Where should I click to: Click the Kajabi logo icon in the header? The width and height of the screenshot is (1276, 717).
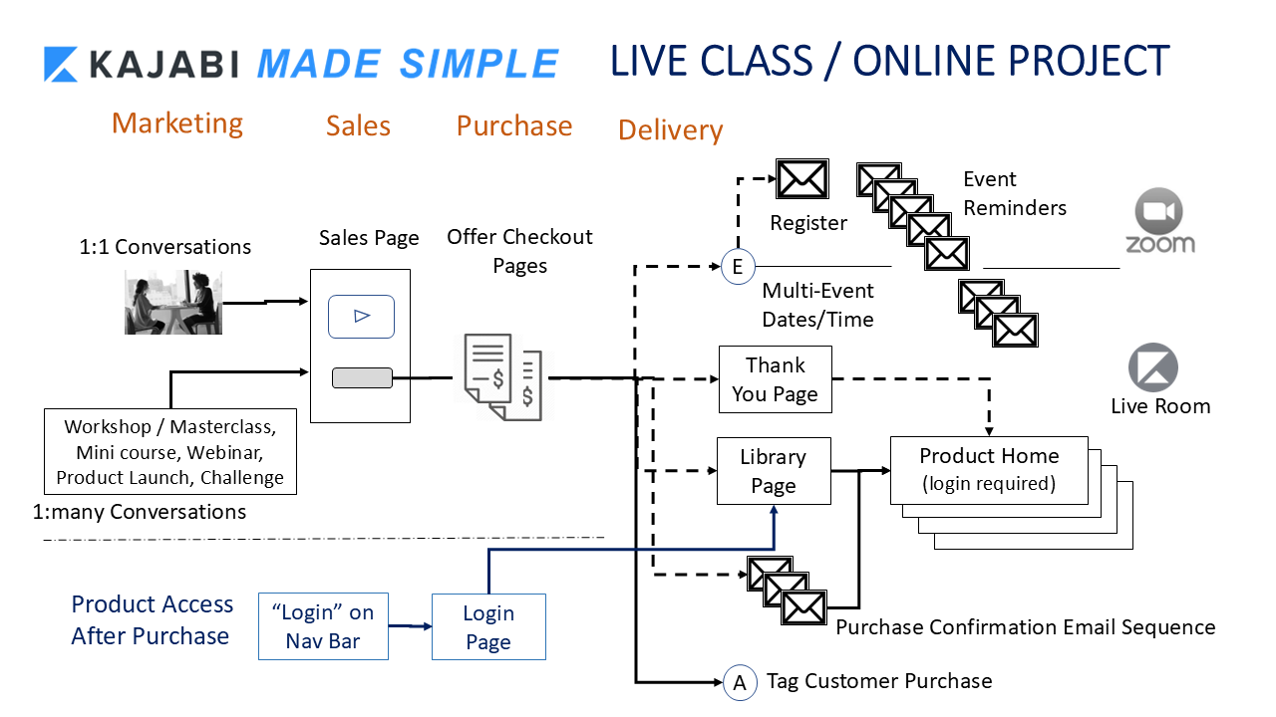coord(62,64)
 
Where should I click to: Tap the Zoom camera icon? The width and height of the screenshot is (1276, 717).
coord(1159,212)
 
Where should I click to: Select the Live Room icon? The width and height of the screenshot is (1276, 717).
coord(1153,368)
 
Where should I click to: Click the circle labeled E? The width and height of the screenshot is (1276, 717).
coord(738,267)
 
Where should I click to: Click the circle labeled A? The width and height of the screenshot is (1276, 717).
coord(740,682)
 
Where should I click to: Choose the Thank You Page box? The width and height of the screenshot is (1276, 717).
coord(775,379)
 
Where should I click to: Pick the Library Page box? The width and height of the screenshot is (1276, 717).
coord(774,471)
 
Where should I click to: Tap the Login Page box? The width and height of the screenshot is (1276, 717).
coord(488,627)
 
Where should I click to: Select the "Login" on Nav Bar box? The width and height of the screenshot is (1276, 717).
coord(323,627)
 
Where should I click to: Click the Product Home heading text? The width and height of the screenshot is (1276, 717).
coord(989,456)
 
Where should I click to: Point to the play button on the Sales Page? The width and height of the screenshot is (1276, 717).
coord(362,317)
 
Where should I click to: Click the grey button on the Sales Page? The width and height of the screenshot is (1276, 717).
coord(362,378)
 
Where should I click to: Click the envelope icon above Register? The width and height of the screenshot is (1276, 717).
coord(801,179)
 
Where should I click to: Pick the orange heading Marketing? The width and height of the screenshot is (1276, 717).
coord(177,123)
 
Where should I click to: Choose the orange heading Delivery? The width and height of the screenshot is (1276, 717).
coord(670,130)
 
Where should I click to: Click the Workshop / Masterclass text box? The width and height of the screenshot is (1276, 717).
coord(170,452)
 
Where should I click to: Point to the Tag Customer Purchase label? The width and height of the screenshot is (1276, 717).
coord(879,682)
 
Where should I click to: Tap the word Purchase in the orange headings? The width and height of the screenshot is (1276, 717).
coord(514,126)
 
